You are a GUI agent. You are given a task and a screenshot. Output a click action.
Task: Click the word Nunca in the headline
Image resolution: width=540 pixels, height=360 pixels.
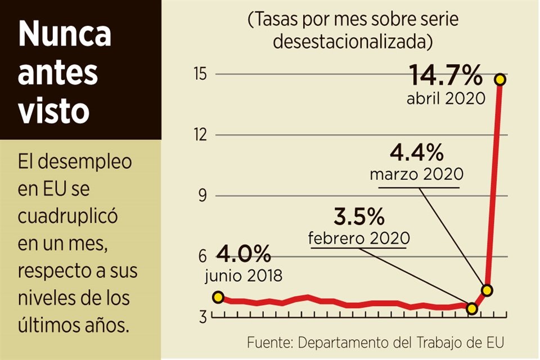click(65, 35)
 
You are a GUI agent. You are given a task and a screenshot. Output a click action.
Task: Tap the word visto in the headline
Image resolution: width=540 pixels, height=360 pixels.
click(54, 111)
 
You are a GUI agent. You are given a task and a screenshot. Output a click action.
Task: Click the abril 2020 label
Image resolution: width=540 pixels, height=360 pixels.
click(446, 99)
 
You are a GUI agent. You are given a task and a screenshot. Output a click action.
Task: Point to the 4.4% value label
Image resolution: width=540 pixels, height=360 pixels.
click(417, 152)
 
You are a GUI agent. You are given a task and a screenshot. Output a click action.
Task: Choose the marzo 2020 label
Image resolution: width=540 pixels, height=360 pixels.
click(417, 174)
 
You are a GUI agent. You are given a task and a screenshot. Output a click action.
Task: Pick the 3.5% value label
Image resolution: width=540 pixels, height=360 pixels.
click(359, 217)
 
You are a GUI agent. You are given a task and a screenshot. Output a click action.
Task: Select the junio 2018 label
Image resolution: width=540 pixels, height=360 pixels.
click(244, 276)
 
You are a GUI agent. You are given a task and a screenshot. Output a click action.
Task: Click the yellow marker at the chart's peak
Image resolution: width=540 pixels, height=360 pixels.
click(499, 79)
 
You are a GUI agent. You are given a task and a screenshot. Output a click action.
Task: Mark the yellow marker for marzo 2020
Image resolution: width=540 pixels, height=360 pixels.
click(487, 290)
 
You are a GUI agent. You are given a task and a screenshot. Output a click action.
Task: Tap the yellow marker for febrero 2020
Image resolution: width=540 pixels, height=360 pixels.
click(472, 308)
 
